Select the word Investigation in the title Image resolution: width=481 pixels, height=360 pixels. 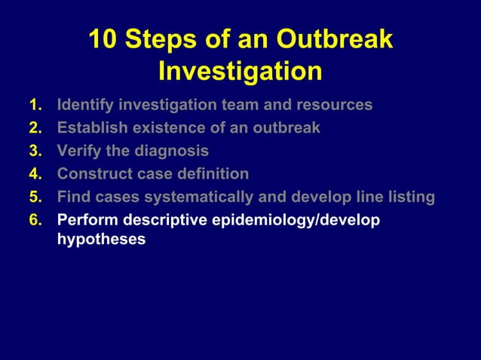(x=240, y=72)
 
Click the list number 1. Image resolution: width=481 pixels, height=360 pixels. (x=35, y=105)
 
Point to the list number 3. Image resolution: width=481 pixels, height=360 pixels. (x=35, y=151)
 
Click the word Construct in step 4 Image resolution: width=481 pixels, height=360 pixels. (x=93, y=174)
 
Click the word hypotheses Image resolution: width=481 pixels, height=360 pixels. (x=101, y=241)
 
